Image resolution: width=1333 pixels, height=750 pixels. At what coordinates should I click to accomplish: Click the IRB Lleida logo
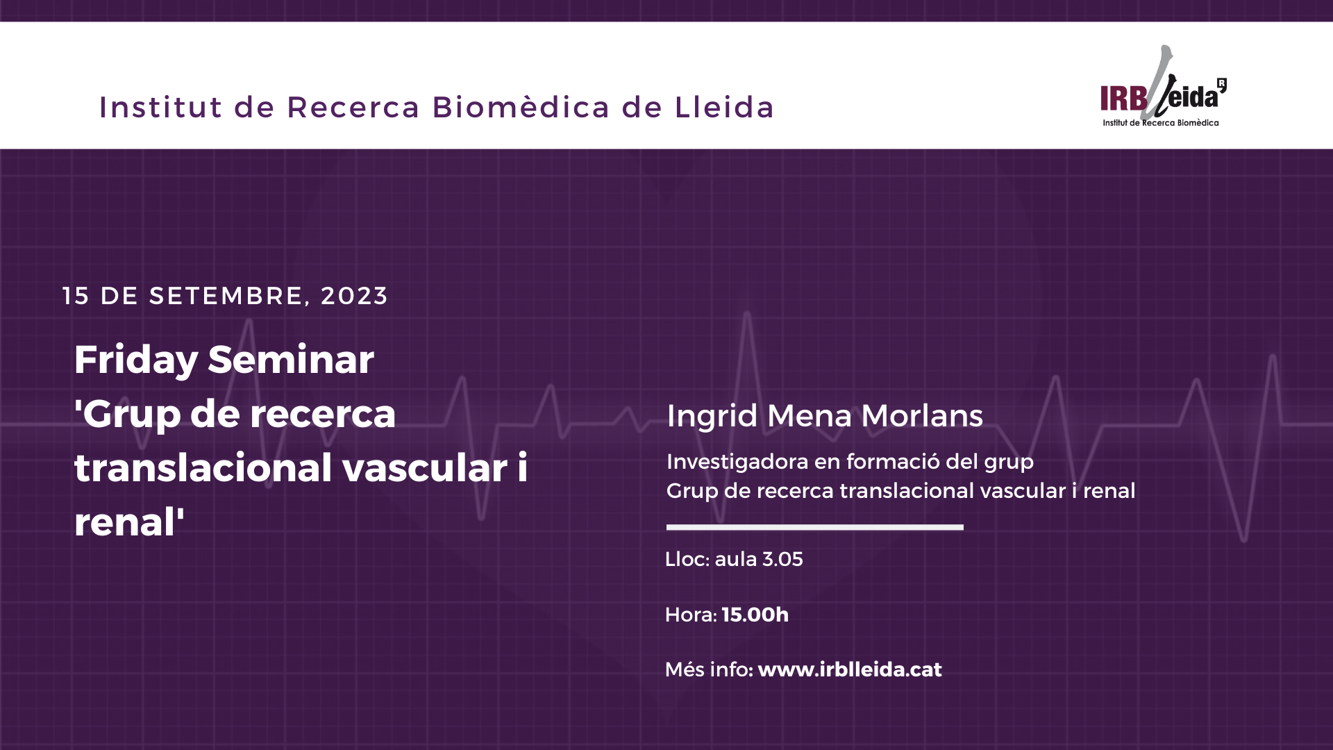pyautogui.click(x=1164, y=87)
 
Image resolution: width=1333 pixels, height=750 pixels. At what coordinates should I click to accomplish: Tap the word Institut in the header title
pyautogui.click(x=161, y=107)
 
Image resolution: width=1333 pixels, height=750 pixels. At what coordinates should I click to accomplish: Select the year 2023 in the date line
pyautogui.click(x=354, y=296)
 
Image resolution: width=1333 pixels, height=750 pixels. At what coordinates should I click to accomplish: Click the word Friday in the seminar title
pyautogui.click(x=136, y=360)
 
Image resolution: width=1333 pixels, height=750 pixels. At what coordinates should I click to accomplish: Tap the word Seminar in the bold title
pyautogui.click(x=291, y=359)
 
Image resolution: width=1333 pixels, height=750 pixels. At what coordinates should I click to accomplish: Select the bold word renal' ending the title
pyautogui.click(x=129, y=522)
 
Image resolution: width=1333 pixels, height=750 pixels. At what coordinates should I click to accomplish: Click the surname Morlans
pyautogui.click(x=922, y=415)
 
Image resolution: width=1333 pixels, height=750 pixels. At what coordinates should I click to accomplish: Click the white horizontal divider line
pyautogui.click(x=815, y=527)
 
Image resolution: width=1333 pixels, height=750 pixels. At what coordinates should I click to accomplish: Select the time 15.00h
pyautogui.click(x=755, y=615)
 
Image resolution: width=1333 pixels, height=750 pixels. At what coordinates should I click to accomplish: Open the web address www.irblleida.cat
pyautogui.click(x=850, y=669)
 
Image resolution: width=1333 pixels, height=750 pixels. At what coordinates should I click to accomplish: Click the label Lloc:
pyautogui.click(x=687, y=559)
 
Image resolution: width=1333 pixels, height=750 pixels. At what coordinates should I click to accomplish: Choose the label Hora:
pyautogui.click(x=691, y=615)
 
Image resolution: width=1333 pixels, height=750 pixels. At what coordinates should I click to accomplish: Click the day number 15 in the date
pyautogui.click(x=76, y=296)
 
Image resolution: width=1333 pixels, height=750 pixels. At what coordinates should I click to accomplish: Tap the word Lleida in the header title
pyautogui.click(x=724, y=107)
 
